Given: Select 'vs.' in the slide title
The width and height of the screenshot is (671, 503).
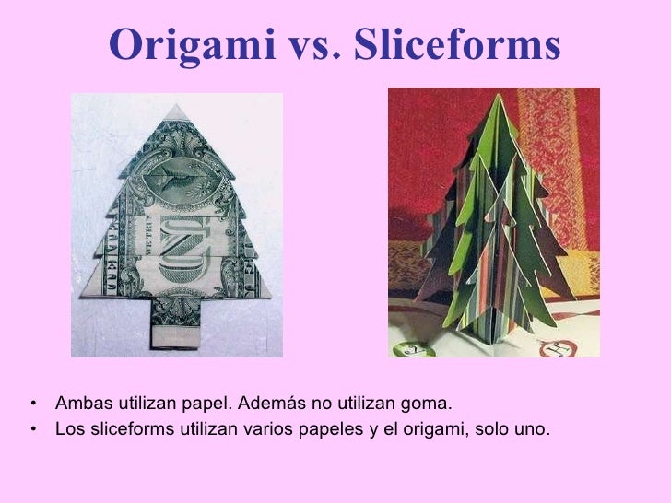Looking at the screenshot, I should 315,43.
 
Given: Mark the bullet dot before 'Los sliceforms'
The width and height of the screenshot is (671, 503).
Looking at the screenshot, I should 33,429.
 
